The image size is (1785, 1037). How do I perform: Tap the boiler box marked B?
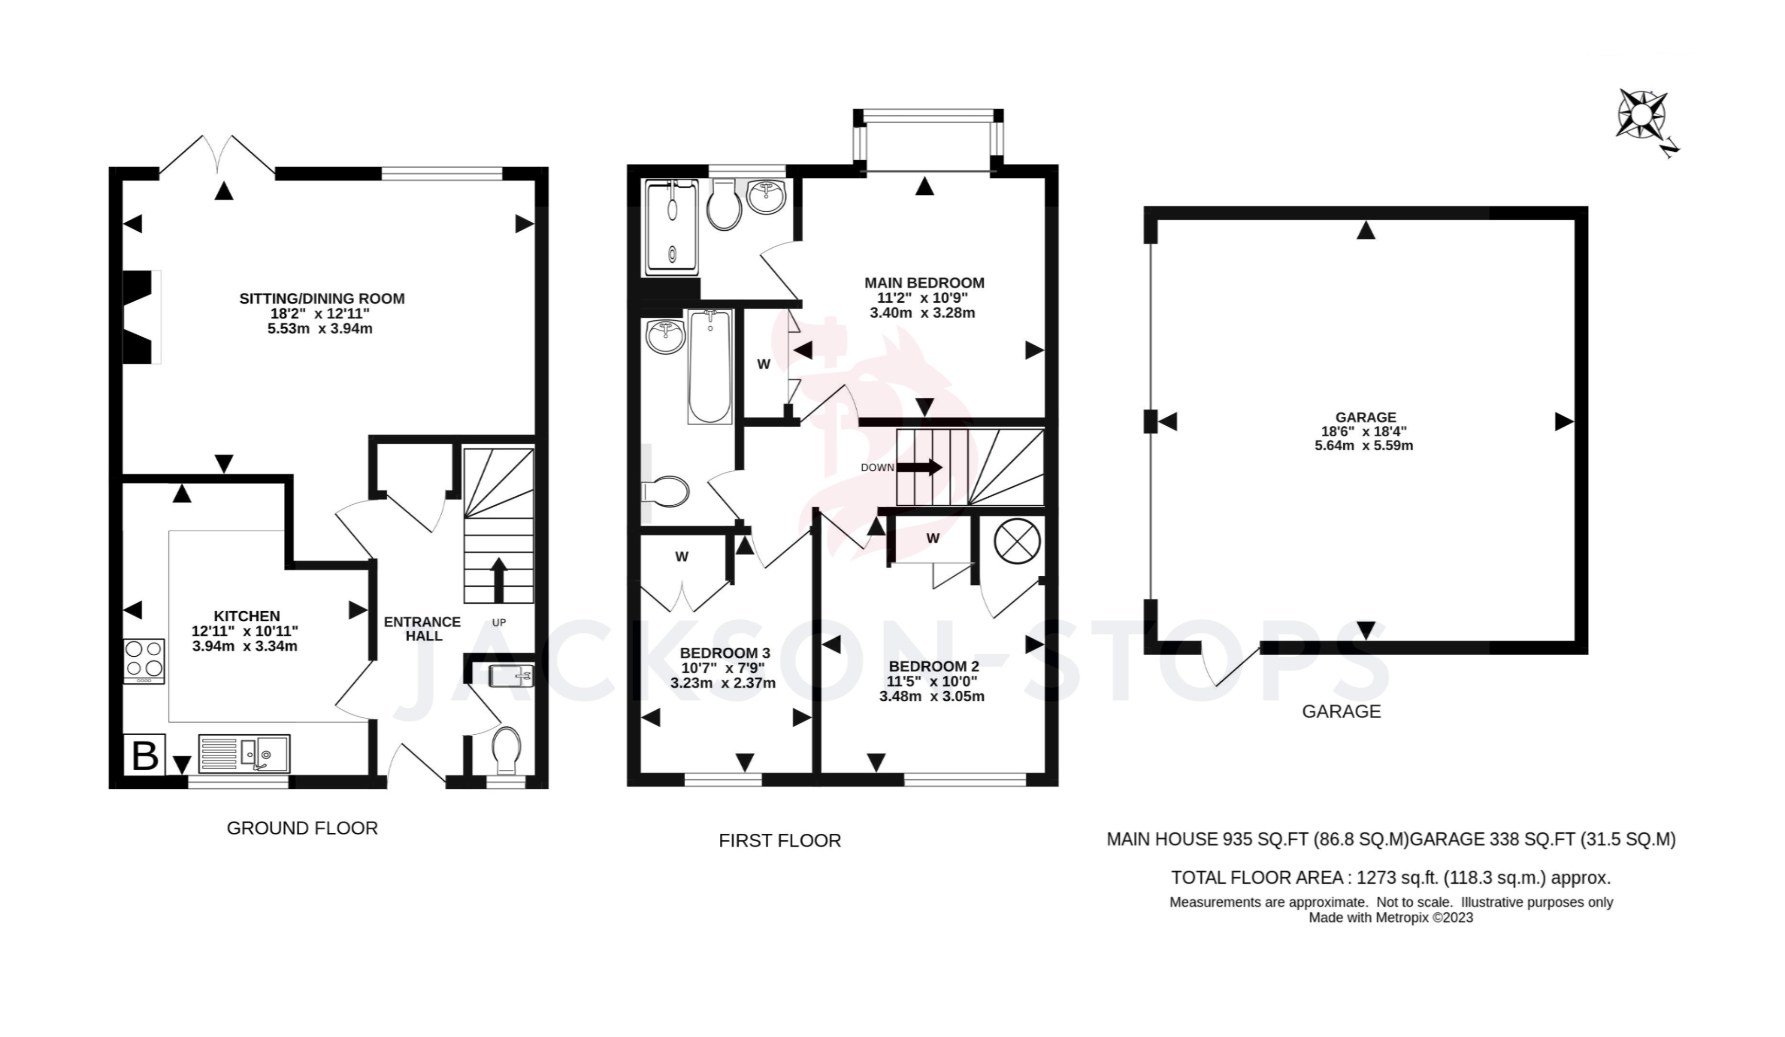(x=145, y=754)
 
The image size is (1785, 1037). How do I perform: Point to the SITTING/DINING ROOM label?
(x=322, y=298)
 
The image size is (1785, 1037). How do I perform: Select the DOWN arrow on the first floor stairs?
(x=921, y=467)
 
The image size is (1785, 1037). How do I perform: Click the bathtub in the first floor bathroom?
(x=710, y=366)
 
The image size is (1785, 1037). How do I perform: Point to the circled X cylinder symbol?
(x=1017, y=541)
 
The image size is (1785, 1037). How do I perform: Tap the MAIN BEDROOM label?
(x=925, y=282)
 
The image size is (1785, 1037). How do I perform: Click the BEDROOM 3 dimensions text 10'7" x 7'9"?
(x=723, y=668)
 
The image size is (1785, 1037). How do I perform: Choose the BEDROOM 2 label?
(x=934, y=666)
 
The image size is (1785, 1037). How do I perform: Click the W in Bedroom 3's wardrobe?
(x=681, y=557)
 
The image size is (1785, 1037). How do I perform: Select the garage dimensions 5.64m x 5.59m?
(x=1363, y=446)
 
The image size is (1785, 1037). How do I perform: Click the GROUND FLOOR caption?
(x=302, y=828)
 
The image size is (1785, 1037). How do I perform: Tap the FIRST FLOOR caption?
(x=780, y=841)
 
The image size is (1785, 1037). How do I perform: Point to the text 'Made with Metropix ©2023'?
(x=1391, y=917)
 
